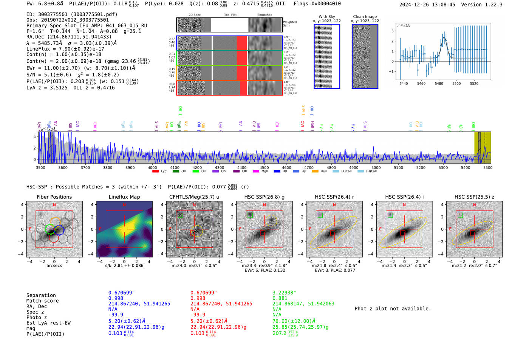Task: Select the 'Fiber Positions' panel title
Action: pos(54,197)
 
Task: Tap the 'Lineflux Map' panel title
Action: pos(124,197)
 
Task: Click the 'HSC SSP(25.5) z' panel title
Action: pos(474,197)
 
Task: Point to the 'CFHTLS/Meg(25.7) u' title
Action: pos(194,197)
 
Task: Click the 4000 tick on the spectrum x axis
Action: pos(152,168)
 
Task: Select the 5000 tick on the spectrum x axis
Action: pos(376,168)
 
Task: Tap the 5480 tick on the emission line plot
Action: pos(439,83)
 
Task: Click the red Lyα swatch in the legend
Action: pos(155,172)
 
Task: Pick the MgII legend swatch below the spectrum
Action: pos(256,172)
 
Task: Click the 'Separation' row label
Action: pos(41,295)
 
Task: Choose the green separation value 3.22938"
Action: pos(284,293)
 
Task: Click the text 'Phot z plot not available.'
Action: pos(393,309)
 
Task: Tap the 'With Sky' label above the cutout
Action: pos(327,17)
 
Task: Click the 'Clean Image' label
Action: pos(365,17)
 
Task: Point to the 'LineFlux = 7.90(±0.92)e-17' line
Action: pos(65,49)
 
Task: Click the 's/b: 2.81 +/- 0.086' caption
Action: pos(124,266)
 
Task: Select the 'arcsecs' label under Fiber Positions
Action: pos(54,266)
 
